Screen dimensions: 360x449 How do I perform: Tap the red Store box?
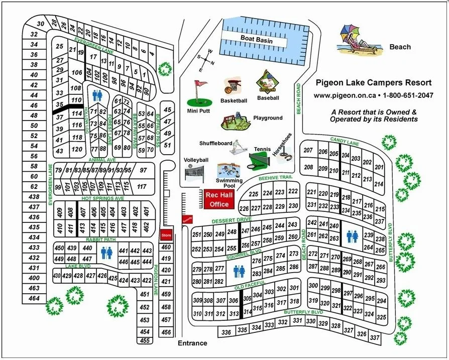[x=165, y=235]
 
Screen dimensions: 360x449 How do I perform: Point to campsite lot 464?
[x=34, y=298]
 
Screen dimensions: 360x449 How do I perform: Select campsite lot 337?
[x=374, y=338]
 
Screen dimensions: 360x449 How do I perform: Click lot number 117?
[x=142, y=187]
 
